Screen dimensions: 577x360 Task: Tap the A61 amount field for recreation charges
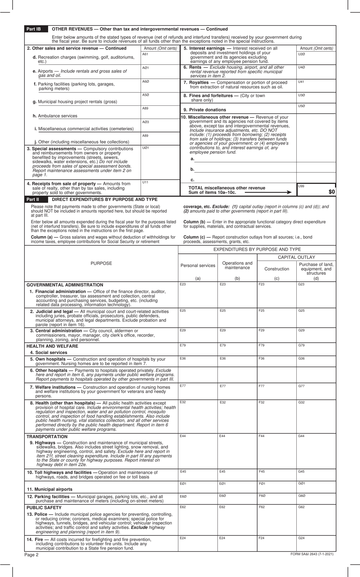pos(160,58)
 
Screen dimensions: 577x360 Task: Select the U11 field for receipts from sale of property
pos(160,188)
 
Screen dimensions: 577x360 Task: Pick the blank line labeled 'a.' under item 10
pos(244,159)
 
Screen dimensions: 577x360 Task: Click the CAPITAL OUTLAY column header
pos(296,257)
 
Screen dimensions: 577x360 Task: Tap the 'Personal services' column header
pos(198,266)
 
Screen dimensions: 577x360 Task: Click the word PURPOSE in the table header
pos(101,263)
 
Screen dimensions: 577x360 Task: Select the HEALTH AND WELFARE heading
pos(52,346)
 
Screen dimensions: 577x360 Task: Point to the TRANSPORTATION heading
pos(47,437)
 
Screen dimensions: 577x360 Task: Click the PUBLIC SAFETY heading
pos(44,508)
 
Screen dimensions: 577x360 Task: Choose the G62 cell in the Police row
pos(316,519)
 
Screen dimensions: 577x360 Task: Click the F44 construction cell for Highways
pos(276,450)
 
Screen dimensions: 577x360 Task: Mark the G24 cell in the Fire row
pos(316,543)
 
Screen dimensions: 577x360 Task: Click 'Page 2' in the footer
pos(32,555)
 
